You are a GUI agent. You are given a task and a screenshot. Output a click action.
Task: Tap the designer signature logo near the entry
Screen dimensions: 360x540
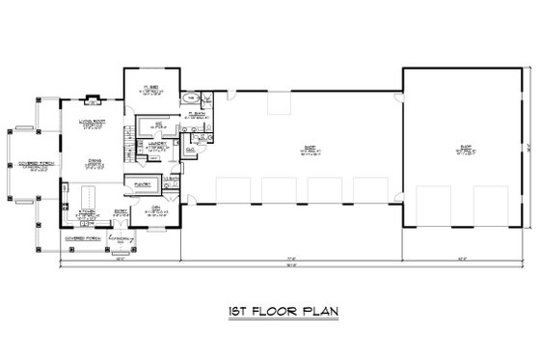coord(120,236)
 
